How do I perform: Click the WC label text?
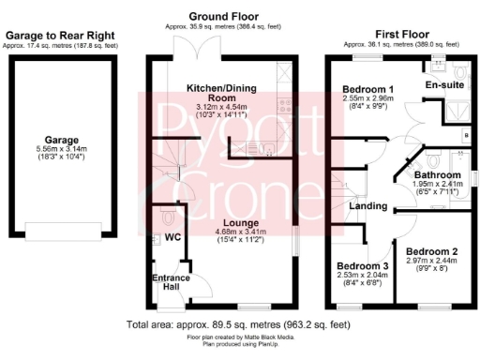point(172,237)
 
